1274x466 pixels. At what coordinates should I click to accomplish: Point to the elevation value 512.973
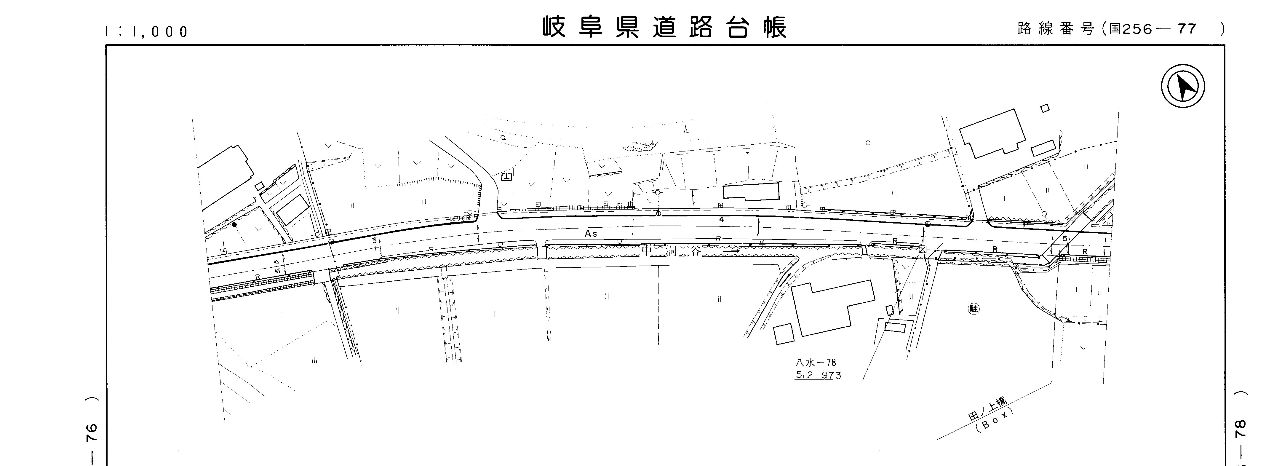(x=818, y=375)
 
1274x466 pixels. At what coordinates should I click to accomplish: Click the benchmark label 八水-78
(x=815, y=363)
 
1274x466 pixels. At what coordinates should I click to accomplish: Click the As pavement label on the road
(x=591, y=234)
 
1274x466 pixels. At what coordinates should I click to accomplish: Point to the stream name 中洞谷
(x=671, y=251)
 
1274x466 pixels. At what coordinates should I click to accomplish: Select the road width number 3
(x=374, y=240)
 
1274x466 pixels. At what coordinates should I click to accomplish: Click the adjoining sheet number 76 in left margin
(x=92, y=433)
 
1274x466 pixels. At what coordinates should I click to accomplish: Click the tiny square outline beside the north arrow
(x=1045, y=108)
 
